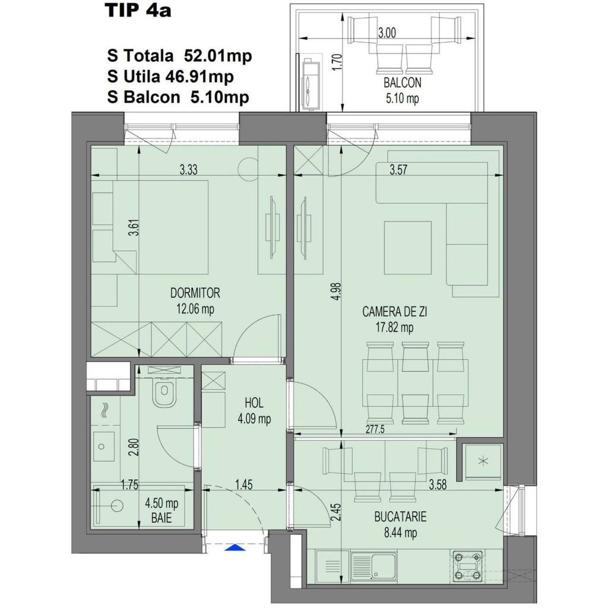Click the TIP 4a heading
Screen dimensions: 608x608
tap(137, 11)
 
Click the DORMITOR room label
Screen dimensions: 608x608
tap(195, 293)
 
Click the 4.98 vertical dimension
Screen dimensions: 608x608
tap(336, 292)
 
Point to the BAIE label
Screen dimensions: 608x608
tap(161, 518)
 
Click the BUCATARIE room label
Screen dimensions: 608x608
tap(401, 517)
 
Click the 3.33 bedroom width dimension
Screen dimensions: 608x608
tap(189, 169)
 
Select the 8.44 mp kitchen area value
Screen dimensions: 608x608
tap(401, 533)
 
